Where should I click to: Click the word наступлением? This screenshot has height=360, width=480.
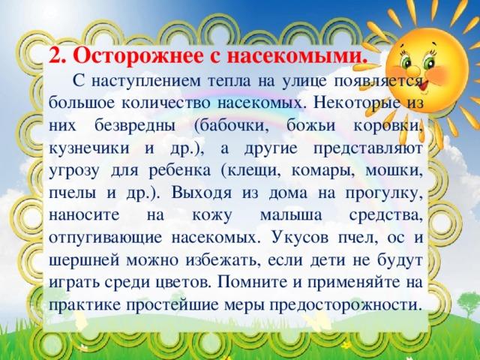[x=146, y=81]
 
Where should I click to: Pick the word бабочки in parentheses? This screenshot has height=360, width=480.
[x=232, y=126]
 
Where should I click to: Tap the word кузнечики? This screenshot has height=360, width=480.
[x=89, y=148]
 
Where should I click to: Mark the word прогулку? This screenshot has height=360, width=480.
[x=385, y=194]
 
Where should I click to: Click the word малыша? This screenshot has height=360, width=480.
[x=291, y=215]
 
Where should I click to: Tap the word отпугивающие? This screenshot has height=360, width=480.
[x=105, y=238]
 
